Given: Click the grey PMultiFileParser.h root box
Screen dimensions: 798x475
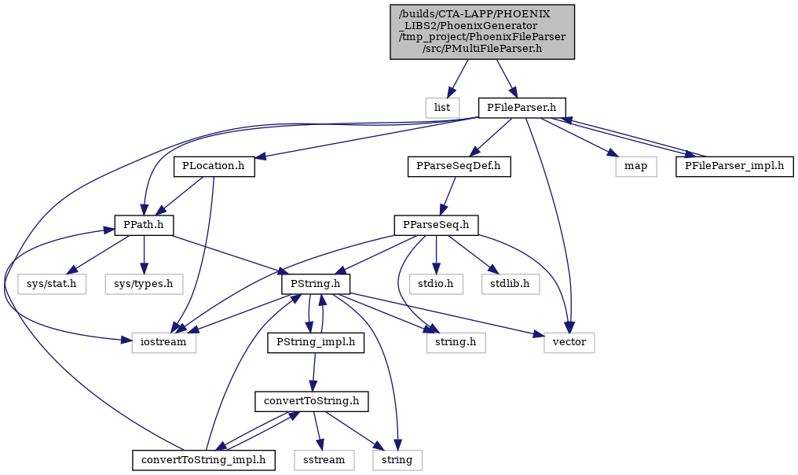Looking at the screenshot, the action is click(482, 31).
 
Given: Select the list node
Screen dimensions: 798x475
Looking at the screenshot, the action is click(442, 108).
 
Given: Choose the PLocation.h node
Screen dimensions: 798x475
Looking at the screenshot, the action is click(214, 167).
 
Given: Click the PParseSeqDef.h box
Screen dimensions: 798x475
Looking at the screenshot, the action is click(459, 167).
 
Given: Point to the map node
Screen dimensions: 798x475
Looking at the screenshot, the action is click(635, 167).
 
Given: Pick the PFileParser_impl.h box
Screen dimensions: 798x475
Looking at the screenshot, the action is click(734, 167).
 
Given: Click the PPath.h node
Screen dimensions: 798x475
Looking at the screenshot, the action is click(145, 225).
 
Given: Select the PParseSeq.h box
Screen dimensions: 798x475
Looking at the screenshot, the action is click(436, 225).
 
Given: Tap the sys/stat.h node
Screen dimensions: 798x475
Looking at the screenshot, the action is click(51, 284).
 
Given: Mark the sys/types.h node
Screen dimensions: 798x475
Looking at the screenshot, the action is click(144, 284).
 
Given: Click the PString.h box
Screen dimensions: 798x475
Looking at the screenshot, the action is click(316, 284).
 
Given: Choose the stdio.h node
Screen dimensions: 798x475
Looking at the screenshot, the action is click(436, 284).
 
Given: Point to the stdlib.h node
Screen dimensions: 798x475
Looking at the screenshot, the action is click(511, 284).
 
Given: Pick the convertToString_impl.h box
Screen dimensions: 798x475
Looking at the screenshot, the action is click(203, 460).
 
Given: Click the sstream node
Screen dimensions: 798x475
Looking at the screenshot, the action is click(324, 460).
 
